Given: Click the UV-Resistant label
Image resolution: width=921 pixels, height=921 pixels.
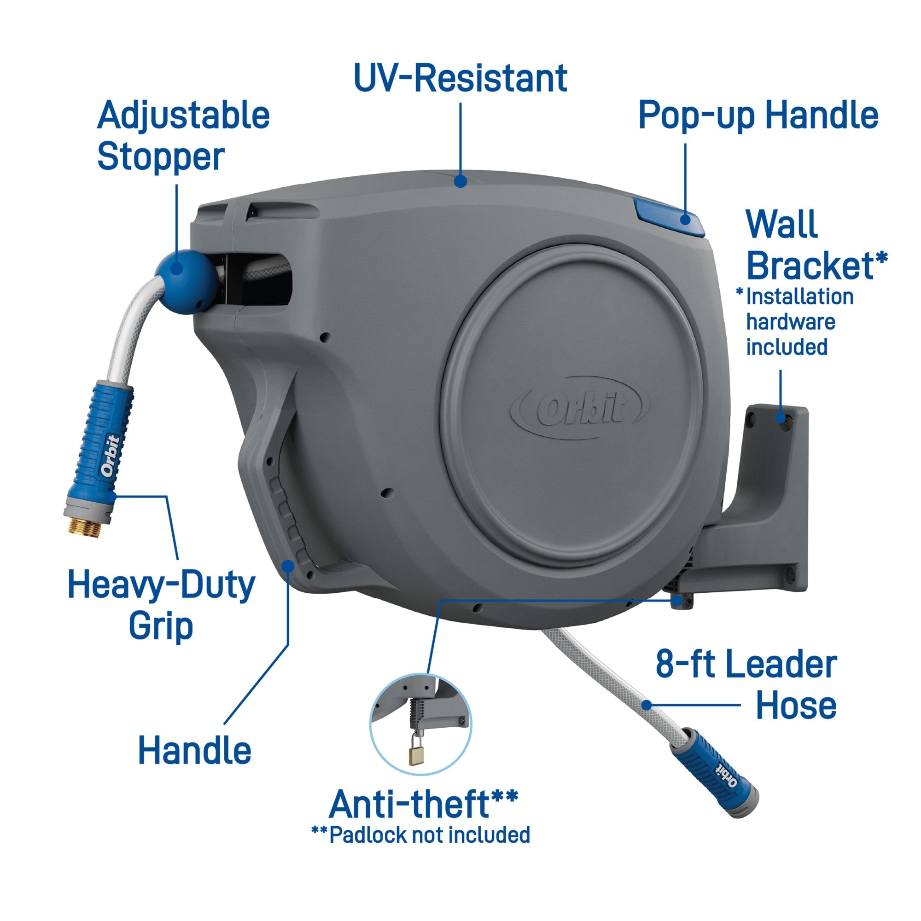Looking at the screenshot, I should [x=460, y=78].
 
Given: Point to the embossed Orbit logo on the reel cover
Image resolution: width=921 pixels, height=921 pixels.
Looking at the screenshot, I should [x=579, y=408].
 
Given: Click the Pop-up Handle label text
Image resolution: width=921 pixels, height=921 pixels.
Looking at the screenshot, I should [x=758, y=115].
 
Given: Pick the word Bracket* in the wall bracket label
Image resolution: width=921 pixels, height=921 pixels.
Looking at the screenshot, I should [x=816, y=265].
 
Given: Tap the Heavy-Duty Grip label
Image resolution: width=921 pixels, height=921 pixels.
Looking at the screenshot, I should [x=161, y=605].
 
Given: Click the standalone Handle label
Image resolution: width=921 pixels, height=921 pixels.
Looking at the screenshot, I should [x=194, y=750].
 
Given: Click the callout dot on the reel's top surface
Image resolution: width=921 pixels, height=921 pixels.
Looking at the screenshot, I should [x=460, y=181].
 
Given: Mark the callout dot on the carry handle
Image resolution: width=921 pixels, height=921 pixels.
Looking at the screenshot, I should [x=288, y=566].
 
